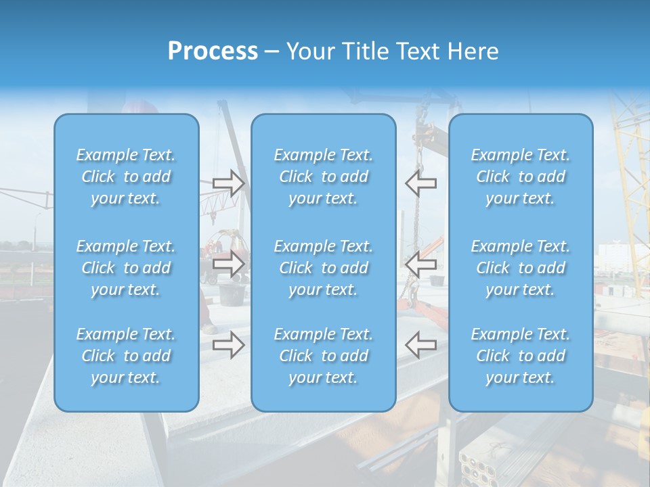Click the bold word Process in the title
coord(213,51)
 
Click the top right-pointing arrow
coord(228,183)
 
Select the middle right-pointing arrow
coord(228,264)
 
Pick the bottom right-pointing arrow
coord(228,344)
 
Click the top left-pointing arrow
coord(421,183)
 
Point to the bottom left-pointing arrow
coord(421,344)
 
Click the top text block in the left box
coord(126,177)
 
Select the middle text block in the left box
coord(126,268)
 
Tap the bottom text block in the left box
coord(126,356)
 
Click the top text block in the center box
coord(324,177)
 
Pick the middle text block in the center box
coord(324,268)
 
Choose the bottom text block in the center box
coord(324,356)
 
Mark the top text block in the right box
coord(521,177)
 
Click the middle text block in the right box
coord(521,268)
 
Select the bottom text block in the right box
coord(521,356)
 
